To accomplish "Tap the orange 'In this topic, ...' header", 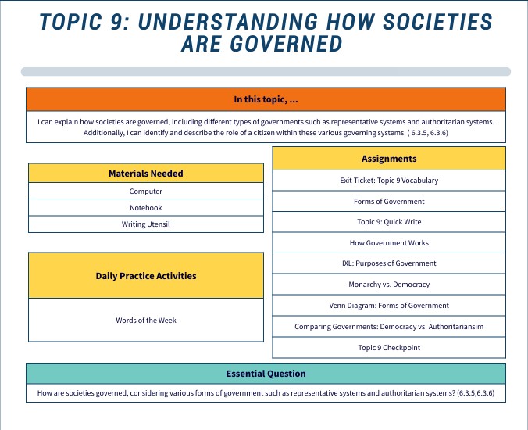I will click(x=266, y=99).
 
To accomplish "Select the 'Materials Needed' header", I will click(x=146, y=173).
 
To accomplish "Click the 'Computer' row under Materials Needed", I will click(x=146, y=192).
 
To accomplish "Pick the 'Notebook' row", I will click(x=146, y=208).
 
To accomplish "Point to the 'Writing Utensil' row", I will click(x=146, y=224).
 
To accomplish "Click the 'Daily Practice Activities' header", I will click(x=146, y=275).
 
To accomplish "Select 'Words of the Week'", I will click(x=146, y=321).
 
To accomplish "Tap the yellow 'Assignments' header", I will click(x=389, y=159).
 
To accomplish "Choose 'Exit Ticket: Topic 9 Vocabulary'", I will click(x=389, y=181).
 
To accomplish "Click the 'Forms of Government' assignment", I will click(x=389, y=202).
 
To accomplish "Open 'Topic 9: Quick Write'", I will click(x=389, y=222).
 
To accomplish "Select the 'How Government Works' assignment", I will click(x=389, y=243).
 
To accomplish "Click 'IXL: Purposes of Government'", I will click(x=389, y=263).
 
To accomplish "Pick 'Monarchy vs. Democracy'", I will click(x=389, y=285).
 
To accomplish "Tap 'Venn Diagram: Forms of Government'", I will click(x=389, y=306).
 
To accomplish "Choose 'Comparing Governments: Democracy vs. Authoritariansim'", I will click(x=389, y=327).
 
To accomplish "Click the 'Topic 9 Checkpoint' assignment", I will click(x=389, y=348).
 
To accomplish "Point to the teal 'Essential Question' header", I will click(x=266, y=374).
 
